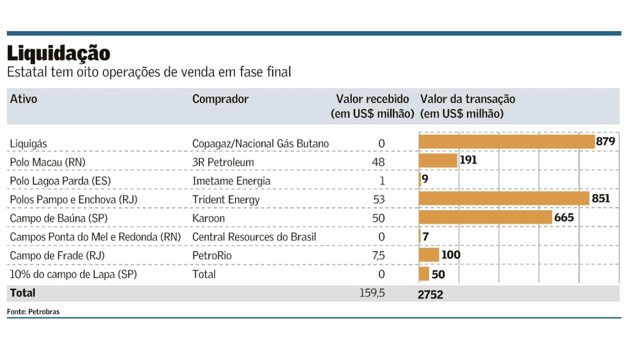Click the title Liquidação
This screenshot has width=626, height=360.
[59, 54]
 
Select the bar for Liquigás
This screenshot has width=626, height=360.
[506, 142]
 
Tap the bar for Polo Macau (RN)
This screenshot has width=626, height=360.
[438, 161]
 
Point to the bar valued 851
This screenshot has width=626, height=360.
[504, 198]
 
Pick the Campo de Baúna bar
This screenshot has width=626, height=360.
[485, 218]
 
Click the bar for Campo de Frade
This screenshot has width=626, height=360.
[429, 255]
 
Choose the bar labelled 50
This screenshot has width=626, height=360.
[424, 274]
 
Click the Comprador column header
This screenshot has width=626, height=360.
[220, 99]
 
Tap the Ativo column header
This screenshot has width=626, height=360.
[24, 99]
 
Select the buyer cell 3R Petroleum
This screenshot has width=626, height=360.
[223, 162]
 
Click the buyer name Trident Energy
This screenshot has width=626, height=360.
[226, 199]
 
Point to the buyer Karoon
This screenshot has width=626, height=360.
[208, 218]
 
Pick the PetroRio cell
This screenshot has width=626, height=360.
[212, 256]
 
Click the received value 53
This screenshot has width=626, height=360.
[378, 199]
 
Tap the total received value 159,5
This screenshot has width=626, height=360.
[372, 293]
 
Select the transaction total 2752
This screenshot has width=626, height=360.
[431, 294]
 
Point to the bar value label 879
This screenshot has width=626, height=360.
[605, 142]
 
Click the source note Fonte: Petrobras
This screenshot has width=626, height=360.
[33, 312]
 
